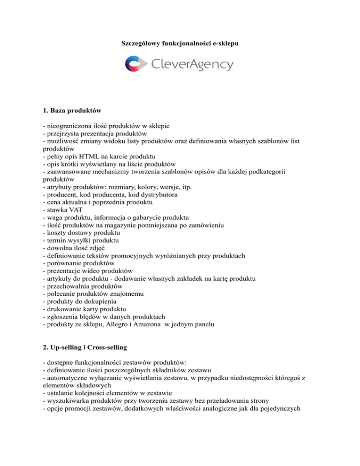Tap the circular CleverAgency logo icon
[135, 63]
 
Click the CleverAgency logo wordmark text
[193, 64]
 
